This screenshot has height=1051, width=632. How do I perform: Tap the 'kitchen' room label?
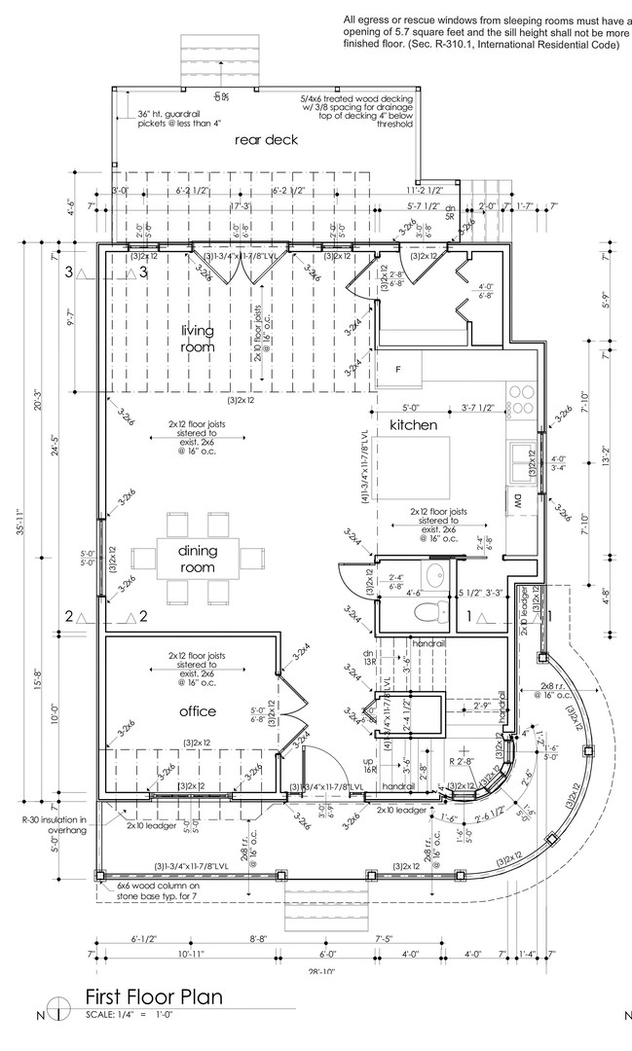(414, 426)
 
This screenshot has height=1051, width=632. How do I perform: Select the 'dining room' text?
(197, 559)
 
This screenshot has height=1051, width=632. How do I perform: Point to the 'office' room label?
(197, 711)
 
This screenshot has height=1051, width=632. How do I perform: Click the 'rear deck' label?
(266, 140)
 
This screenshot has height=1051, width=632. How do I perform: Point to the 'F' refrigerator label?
(397, 370)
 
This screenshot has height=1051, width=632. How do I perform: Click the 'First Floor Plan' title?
(154, 997)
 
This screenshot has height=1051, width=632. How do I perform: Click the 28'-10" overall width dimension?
(318, 971)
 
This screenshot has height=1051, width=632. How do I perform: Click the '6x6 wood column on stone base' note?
(156, 890)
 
